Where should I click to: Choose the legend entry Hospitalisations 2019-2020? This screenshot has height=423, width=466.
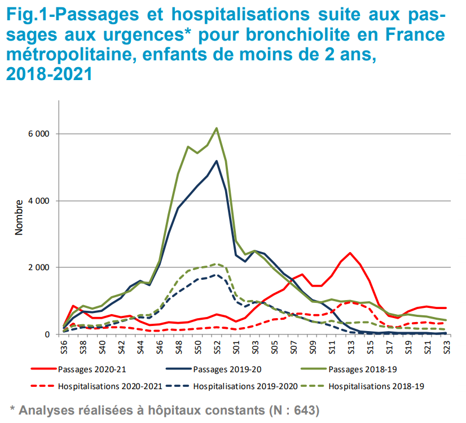tap(245, 386)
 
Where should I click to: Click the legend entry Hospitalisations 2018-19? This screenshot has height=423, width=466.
tap(376, 386)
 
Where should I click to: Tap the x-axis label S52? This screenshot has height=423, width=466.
tap(217, 346)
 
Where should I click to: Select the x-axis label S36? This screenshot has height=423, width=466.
tap(64, 346)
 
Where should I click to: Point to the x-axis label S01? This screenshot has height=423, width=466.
tap(236, 346)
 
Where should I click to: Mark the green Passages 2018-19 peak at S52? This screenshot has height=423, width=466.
tap(217, 128)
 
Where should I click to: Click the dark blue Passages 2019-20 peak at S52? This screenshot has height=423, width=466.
tap(217, 161)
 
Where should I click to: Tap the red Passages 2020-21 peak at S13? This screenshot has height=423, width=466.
tap(350, 253)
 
